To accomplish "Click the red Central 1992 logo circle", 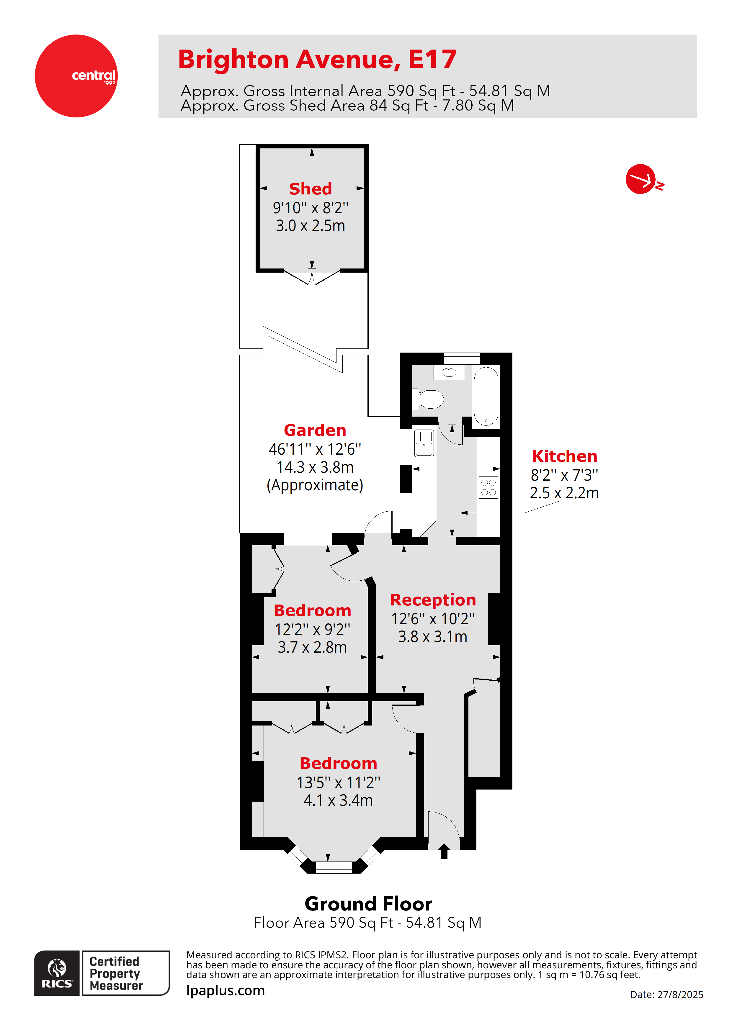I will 76,76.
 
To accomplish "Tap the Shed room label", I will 310,189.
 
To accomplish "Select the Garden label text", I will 315,430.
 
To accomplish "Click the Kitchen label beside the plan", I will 564,456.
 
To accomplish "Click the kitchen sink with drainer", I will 424,443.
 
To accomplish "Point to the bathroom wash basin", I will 449,372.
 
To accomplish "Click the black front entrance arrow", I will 444,851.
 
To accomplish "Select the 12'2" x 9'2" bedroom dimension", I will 312,629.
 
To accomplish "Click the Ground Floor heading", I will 368,904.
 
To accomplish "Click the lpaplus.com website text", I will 226,990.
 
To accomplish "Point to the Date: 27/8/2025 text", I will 666,994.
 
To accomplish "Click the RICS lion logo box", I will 57,973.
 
